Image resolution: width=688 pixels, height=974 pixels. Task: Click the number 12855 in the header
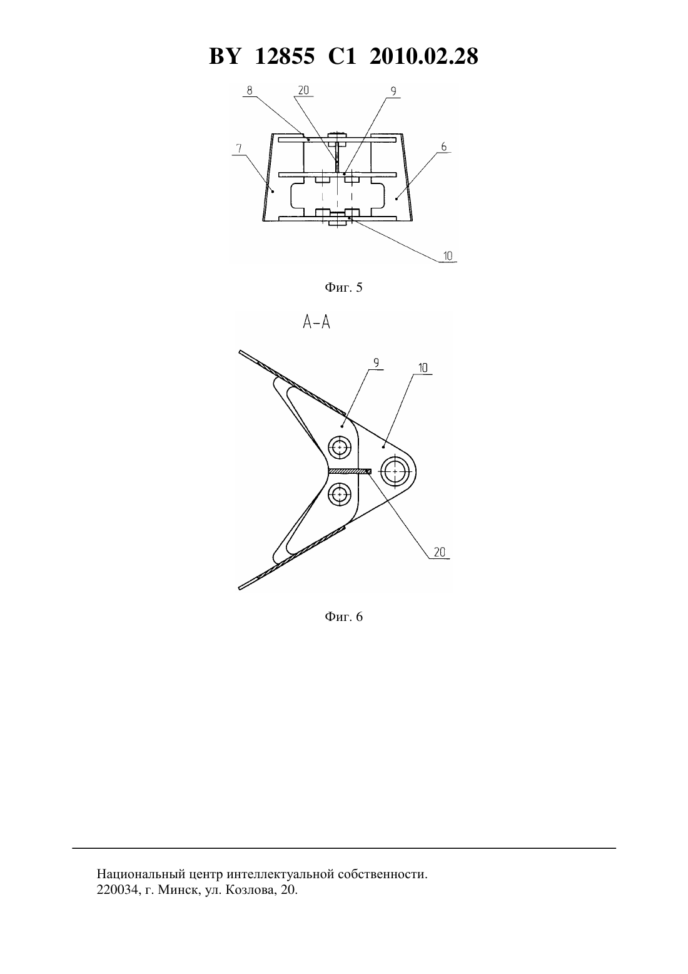pos(285,56)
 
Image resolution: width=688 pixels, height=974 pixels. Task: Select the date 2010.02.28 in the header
pos(424,56)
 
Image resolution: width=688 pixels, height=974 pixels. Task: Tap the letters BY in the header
pos(225,56)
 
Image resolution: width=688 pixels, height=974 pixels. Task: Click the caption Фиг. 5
pos(343,287)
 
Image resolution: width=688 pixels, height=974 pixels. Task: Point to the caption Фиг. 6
pos(343,617)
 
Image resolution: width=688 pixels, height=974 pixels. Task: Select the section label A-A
pos(316,322)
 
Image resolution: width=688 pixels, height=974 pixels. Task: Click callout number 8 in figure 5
pos(250,90)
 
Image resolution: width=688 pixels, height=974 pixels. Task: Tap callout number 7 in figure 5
pos(238,148)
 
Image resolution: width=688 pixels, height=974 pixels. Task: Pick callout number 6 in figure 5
pos(443,146)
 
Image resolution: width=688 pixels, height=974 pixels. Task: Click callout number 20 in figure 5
pos(303,90)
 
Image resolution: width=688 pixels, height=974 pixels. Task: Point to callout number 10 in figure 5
pos(448,255)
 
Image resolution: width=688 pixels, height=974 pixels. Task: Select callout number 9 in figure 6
pos(376,362)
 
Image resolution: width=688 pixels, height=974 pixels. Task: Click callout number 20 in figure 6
pos(440,552)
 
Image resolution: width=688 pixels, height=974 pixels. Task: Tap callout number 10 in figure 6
pos(423,368)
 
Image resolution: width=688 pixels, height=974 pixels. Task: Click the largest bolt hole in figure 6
pos(395,471)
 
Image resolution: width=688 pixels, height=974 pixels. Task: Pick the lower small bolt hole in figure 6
pos(340,495)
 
